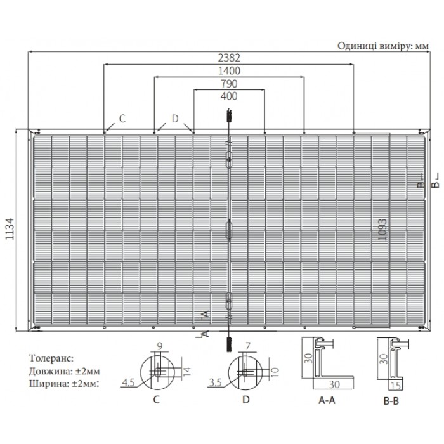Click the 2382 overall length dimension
tap(229, 58)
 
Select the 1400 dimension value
tap(229, 70)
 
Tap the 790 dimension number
tap(229, 84)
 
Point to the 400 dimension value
tap(229, 96)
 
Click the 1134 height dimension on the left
tap(10, 229)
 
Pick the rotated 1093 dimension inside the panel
tap(382, 230)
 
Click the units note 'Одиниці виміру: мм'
tap(383, 46)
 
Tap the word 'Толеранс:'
tap(51, 358)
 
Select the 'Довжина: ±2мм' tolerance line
tap(64, 371)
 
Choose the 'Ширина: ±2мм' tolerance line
tap(64, 384)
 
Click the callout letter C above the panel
tap(122, 119)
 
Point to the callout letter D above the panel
tap(175, 119)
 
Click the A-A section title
tap(327, 400)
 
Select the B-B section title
tap(391, 401)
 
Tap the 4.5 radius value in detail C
tap(128, 383)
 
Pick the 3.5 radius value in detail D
tap(216, 383)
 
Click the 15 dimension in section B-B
tap(395, 386)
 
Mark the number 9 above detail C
tap(159, 346)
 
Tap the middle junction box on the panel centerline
tap(229, 230)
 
